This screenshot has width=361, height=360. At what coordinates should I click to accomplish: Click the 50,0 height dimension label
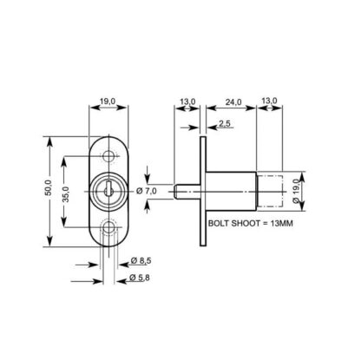click(49, 187)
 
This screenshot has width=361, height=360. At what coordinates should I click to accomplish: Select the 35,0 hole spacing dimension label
click(66, 194)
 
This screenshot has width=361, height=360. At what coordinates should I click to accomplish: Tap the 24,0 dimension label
click(233, 101)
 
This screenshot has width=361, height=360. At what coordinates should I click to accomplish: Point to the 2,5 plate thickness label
click(225, 124)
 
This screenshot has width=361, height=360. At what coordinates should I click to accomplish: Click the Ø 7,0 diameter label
click(147, 191)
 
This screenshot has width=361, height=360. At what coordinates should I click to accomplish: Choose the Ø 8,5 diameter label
click(141, 261)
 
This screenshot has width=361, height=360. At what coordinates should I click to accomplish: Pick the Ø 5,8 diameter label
click(140, 278)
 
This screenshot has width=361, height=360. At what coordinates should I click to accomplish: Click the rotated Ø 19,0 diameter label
click(296, 191)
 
